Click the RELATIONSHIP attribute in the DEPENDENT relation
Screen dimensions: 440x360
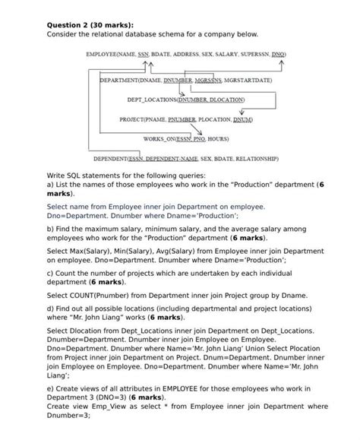click(254, 159)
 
